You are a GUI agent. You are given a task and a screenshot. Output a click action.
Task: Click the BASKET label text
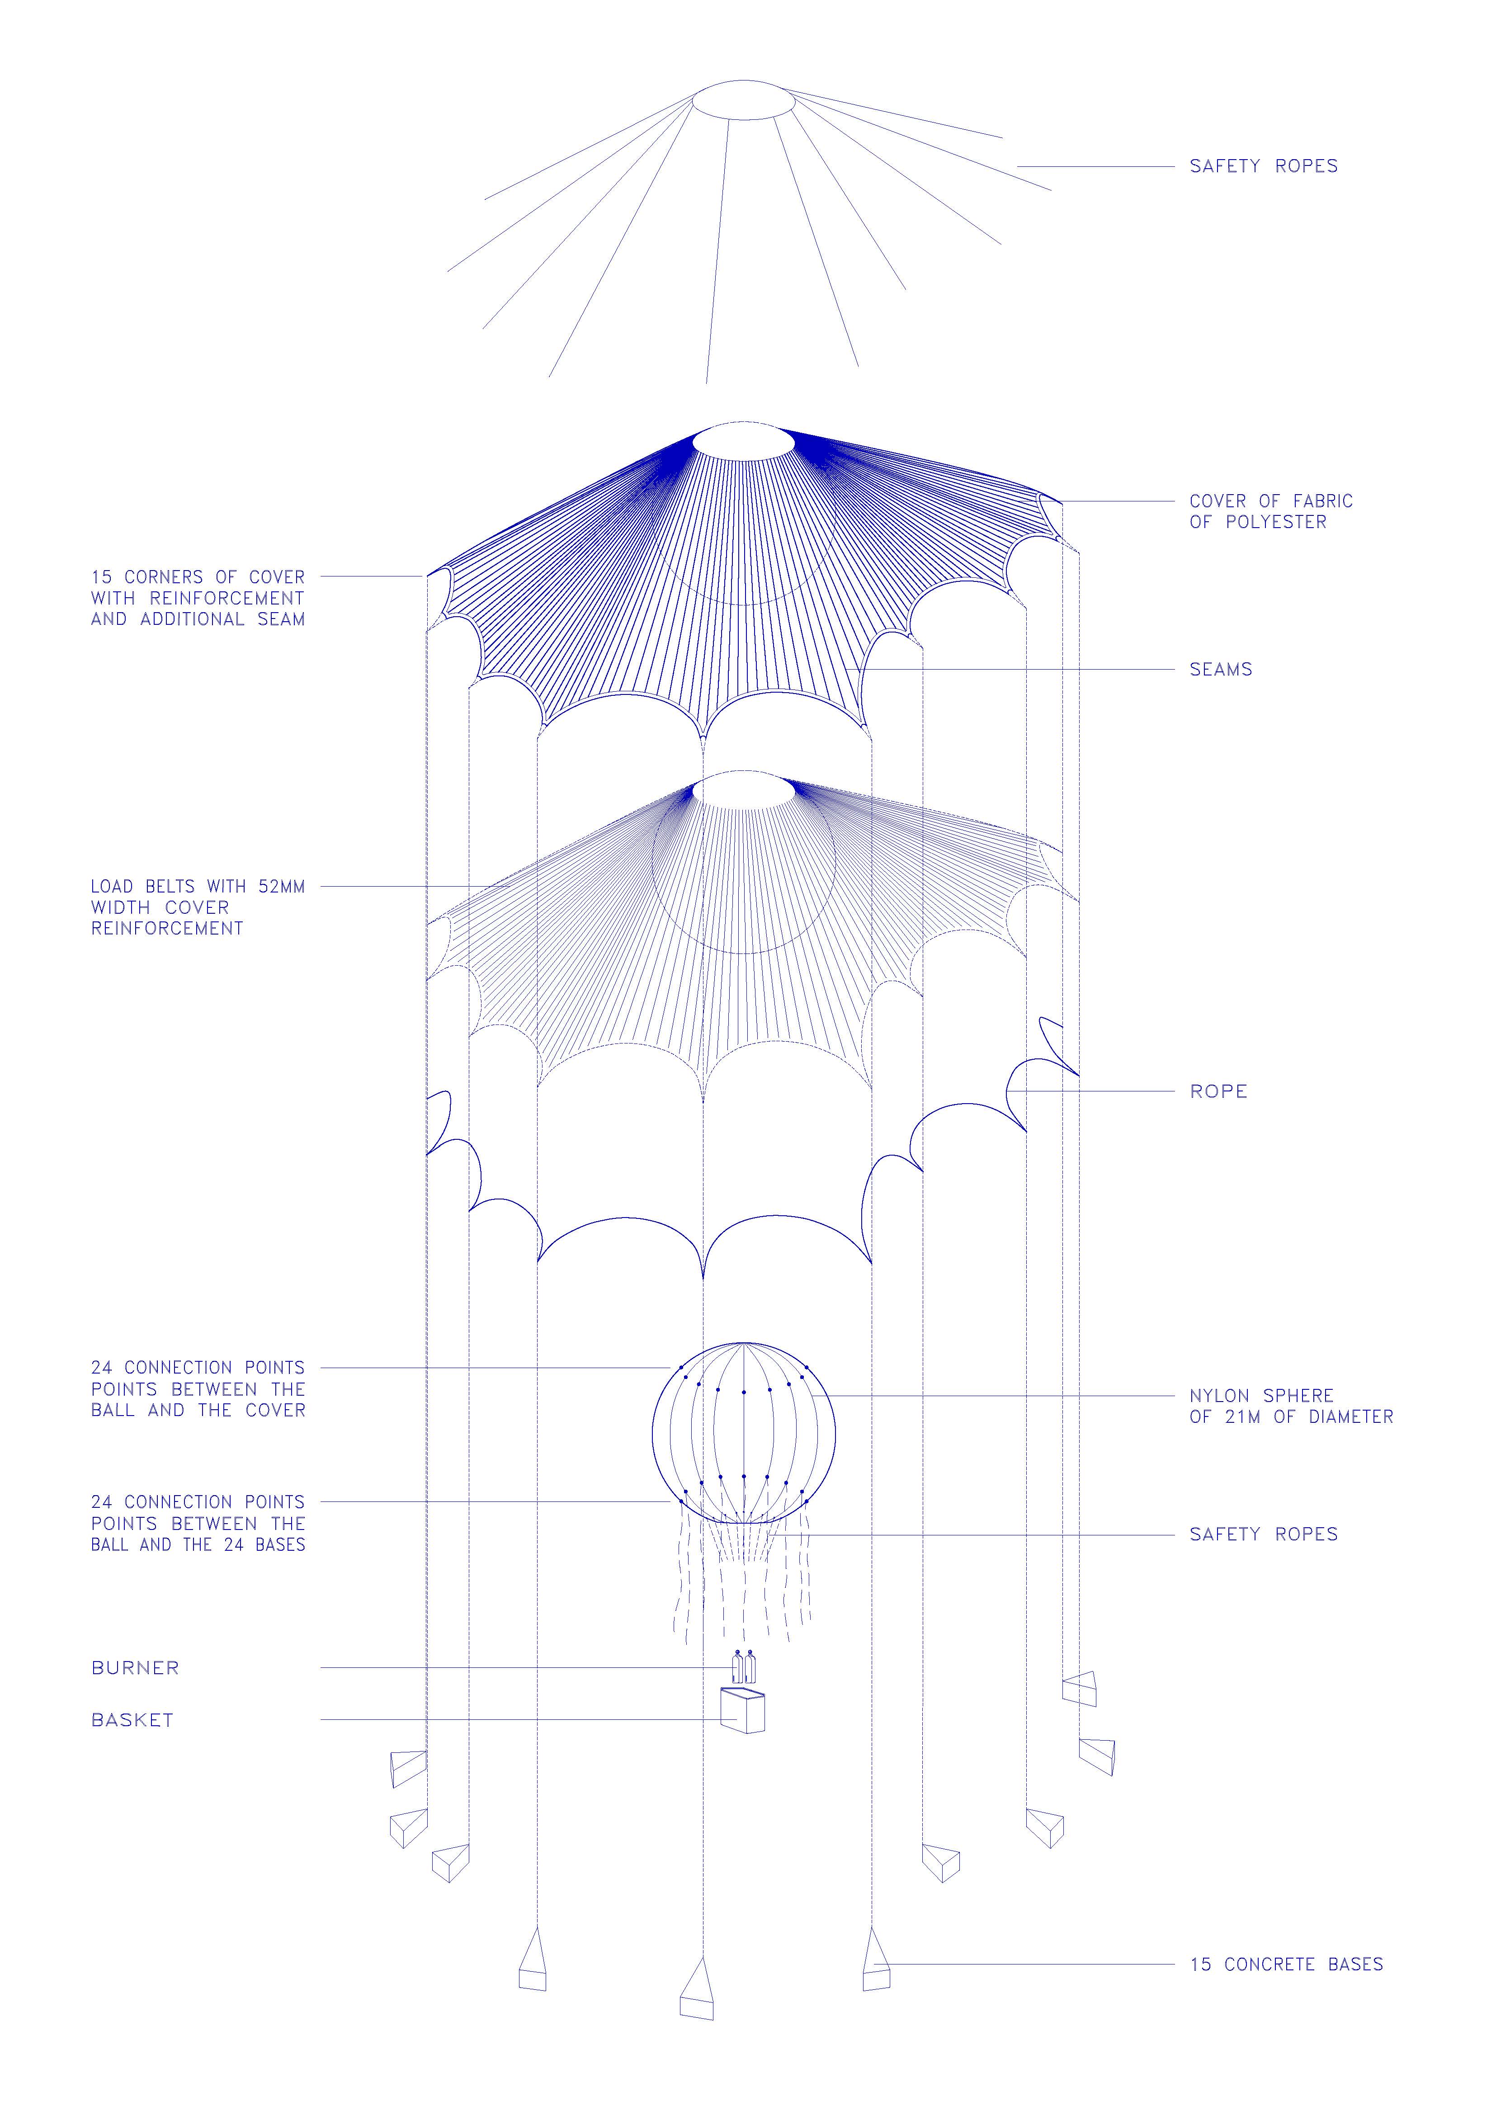click(132, 1720)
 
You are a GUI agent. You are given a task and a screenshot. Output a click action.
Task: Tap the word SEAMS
click(1221, 670)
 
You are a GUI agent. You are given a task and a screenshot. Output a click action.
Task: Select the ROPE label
click(1219, 1091)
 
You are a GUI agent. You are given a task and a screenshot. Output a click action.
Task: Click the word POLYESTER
click(1276, 522)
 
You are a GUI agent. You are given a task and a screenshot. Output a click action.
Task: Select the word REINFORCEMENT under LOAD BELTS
click(167, 929)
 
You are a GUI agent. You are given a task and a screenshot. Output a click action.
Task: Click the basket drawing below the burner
click(742, 1711)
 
